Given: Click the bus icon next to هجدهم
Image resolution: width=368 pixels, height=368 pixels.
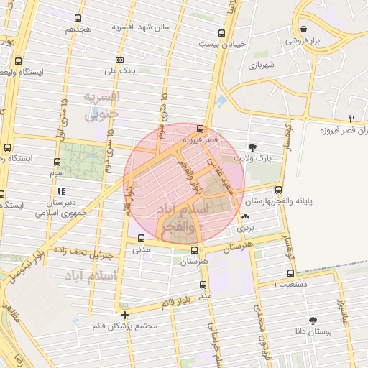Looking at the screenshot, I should [x=78, y=19].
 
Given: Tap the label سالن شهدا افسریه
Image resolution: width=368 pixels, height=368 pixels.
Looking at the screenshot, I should [x=141, y=27].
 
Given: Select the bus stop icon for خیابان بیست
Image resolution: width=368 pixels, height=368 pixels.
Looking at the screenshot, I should [x=221, y=32].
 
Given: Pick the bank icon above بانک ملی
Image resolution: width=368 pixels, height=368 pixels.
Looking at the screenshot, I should [x=119, y=60].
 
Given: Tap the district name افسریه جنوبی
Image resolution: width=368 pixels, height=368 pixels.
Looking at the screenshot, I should [x=101, y=105].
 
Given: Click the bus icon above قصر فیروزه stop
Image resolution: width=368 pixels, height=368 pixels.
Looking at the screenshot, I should [x=199, y=130].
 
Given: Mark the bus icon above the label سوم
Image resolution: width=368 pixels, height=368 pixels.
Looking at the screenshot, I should [x=57, y=162].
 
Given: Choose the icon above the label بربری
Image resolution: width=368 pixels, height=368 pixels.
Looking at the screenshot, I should [x=247, y=216].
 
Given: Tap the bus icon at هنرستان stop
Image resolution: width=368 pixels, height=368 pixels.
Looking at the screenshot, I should [x=195, y=250].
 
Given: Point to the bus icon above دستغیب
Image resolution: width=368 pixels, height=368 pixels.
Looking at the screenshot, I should [x=290, y=273].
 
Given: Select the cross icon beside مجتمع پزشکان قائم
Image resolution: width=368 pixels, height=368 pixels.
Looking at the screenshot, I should [x=125, y=315].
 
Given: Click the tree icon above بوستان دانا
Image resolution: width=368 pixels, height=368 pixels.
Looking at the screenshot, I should [x=312, y=320].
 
